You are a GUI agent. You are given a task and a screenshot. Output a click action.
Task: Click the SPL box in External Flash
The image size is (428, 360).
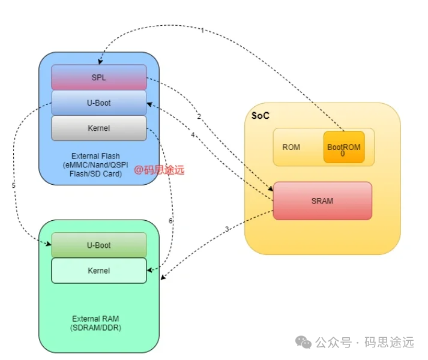(99, 77)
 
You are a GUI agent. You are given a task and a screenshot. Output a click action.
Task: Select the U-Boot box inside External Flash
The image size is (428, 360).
(99, 103)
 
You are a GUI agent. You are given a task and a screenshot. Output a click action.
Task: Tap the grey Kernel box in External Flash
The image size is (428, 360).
(99, 128)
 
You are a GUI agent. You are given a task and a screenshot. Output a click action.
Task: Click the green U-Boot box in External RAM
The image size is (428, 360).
(99, 245)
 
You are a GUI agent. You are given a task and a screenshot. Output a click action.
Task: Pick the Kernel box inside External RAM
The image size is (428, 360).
(99, 271)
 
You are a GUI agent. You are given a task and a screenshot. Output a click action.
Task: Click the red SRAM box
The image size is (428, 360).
(322, 201)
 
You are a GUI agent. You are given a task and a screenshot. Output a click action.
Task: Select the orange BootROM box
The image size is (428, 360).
(344, 147)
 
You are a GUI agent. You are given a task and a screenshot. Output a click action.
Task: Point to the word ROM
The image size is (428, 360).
(291, 147)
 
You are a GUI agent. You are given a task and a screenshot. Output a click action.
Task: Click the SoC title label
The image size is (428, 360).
(260, 115)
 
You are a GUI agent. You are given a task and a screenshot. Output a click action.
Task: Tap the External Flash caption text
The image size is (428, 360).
(95, 165)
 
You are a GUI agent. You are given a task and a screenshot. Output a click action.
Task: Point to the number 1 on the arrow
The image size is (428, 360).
(202, 30)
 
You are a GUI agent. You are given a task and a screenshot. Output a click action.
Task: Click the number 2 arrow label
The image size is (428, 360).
(199, 116)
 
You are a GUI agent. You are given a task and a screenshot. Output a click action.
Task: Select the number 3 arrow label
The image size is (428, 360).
(227, 229)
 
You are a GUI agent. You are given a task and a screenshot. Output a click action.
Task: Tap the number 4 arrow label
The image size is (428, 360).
(193, 136)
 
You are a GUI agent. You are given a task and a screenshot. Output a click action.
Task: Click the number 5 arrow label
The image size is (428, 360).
(13, 185)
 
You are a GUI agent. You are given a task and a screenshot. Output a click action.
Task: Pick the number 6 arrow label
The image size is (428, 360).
(170, 221)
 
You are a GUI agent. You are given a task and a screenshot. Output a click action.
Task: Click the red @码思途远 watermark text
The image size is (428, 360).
(159, 170)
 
